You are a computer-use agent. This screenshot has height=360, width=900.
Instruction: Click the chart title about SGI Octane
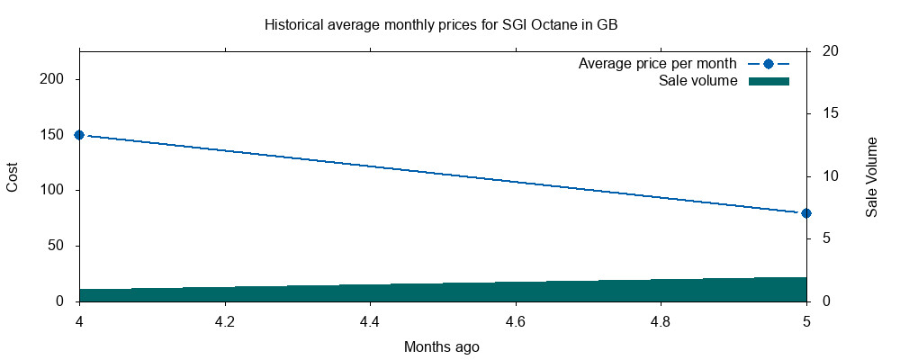[440, 24]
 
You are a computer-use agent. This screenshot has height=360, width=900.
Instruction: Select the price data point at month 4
[79, 135]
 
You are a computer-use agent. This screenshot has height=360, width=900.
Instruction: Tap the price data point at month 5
[806, 213]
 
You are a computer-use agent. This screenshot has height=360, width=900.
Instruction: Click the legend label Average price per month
[658, 64]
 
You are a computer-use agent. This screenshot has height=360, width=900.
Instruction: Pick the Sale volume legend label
[698, 81]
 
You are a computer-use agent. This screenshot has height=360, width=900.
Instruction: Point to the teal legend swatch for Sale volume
[768, 81]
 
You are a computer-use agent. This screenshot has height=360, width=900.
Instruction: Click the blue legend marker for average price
[768, 64]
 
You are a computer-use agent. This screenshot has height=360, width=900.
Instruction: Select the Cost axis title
[13, 176]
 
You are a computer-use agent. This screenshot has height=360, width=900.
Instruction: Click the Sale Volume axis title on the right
[871, 176]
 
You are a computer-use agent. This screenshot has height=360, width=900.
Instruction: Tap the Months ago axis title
[442, 346]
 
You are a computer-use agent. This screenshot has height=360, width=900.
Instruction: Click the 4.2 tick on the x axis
[224, 320]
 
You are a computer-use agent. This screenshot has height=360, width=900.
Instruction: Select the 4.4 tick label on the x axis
[370, 320]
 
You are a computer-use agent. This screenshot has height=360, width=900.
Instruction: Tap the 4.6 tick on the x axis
[516, 320]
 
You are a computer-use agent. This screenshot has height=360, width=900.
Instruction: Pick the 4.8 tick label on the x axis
[661, 320]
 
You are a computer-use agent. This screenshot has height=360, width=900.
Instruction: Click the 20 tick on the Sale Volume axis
[831, 51]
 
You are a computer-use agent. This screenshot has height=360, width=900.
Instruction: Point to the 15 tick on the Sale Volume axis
[831, 113]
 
